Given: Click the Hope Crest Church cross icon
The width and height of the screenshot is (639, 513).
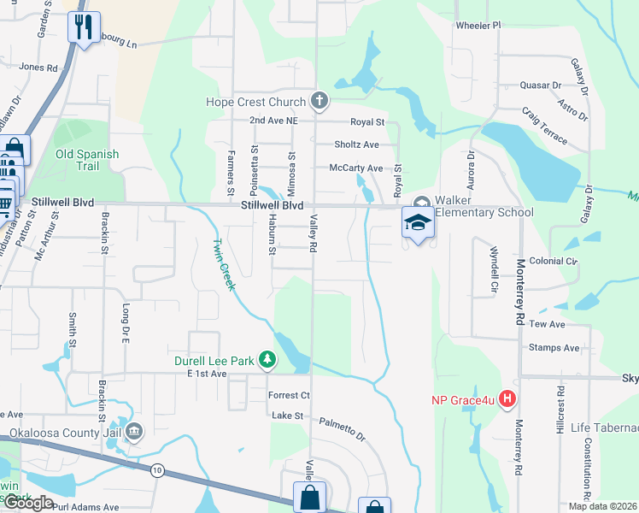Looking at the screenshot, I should (x=319, y=103).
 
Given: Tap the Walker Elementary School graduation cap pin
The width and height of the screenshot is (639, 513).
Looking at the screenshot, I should (x=418, y=223).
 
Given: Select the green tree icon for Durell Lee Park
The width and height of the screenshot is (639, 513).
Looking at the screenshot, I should (x=267, y=360).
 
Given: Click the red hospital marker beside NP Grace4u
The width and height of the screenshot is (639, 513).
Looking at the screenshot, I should (x=508, y=398).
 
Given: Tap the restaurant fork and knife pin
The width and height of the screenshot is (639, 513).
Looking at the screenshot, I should (x=84, y=27).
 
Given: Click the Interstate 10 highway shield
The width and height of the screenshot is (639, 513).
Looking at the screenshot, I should (x=157, y=470).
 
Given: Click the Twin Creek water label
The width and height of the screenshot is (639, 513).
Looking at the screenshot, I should (x=224, y=264).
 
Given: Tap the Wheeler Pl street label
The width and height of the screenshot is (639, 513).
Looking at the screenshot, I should (x=478, y=26).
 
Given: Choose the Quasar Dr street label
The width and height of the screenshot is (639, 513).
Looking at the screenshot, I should (x=541, y=85).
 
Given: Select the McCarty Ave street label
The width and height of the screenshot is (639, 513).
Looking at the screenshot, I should (x=355, y=168).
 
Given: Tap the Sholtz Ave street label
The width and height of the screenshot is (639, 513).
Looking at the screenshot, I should (x=356, y=144).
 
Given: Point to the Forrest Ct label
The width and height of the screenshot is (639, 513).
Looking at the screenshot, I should (x=289, y=395).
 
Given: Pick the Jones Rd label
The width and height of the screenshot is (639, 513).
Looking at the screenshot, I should (x=38, y=67).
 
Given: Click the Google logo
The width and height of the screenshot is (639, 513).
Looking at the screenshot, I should (x=28, y=503).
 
